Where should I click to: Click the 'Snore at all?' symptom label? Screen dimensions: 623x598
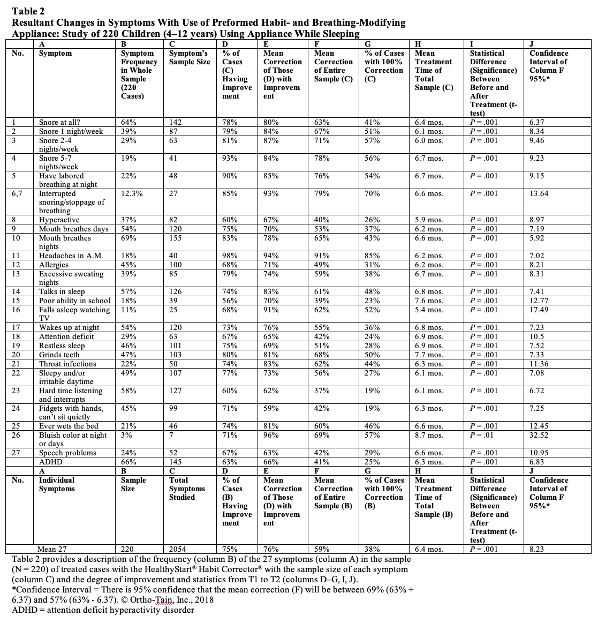[60, 122]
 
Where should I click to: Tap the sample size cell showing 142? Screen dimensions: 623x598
[175, 122]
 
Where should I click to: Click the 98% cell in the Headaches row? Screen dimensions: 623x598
[230, 256]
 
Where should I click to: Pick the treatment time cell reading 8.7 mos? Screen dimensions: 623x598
[429, 435]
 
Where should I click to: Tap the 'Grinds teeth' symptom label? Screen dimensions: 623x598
[59, 355]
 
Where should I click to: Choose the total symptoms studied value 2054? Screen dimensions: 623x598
[177, 549]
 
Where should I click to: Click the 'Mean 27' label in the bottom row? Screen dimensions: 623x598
[52, 549]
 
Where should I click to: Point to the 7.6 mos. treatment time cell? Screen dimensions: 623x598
[429, 301]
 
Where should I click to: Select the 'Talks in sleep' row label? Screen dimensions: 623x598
[62, 291]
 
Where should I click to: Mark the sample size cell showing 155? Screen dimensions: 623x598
[175, 238]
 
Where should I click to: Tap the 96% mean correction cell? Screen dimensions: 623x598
[271, 435]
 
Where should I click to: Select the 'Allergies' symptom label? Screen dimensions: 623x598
[54, 265]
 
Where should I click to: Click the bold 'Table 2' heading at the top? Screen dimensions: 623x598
[28, 11]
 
